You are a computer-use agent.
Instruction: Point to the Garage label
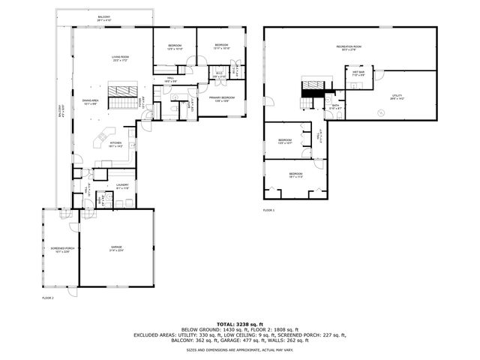tap(116, 247)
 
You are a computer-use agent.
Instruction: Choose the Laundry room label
tap(121, 186)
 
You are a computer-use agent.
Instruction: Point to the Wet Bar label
tap(358, 73)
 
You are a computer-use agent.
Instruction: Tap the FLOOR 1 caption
tap(268, 211)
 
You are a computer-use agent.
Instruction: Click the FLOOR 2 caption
tap(48, 298)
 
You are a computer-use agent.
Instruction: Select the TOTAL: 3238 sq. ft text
tap(239, 322)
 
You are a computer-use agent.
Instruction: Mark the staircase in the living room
tap(121, 93)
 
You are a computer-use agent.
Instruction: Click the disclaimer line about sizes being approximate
tap(239, 349)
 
